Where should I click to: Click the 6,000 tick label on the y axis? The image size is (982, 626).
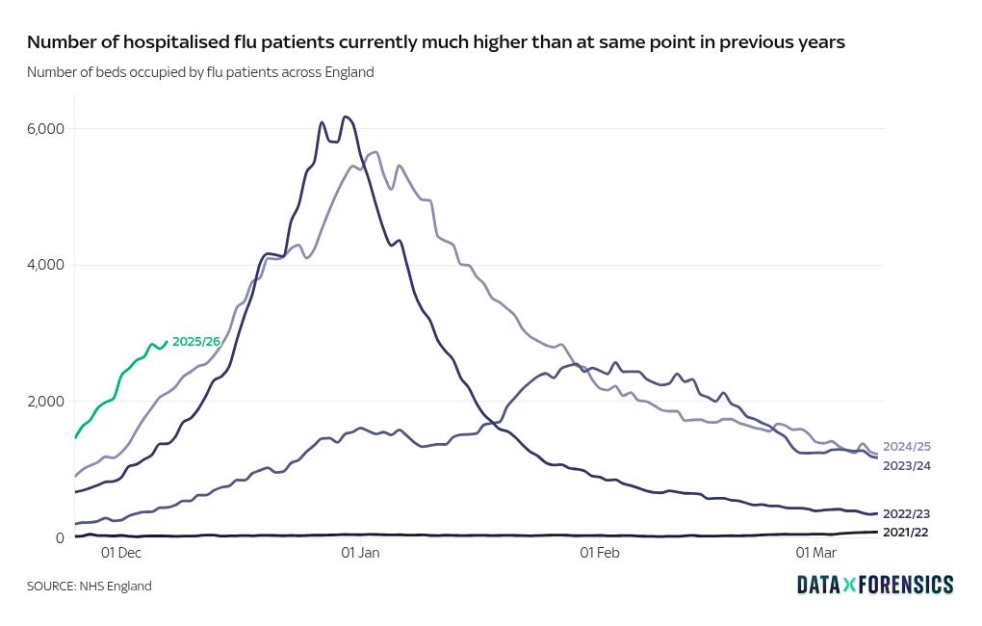tap(44, 128)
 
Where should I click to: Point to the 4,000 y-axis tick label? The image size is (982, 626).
tap(44, 265)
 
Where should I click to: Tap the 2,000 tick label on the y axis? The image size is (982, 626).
tap(44, 402)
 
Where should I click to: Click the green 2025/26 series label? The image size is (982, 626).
tap(195, 341)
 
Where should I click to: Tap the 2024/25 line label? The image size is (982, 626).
tap(906, 447)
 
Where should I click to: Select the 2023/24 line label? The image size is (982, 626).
tap(906, 466)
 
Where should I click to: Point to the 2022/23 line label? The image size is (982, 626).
tap(906, 513)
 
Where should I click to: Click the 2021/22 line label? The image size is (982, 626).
tap(906, 532)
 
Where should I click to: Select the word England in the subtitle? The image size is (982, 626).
tap(348, 72)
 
